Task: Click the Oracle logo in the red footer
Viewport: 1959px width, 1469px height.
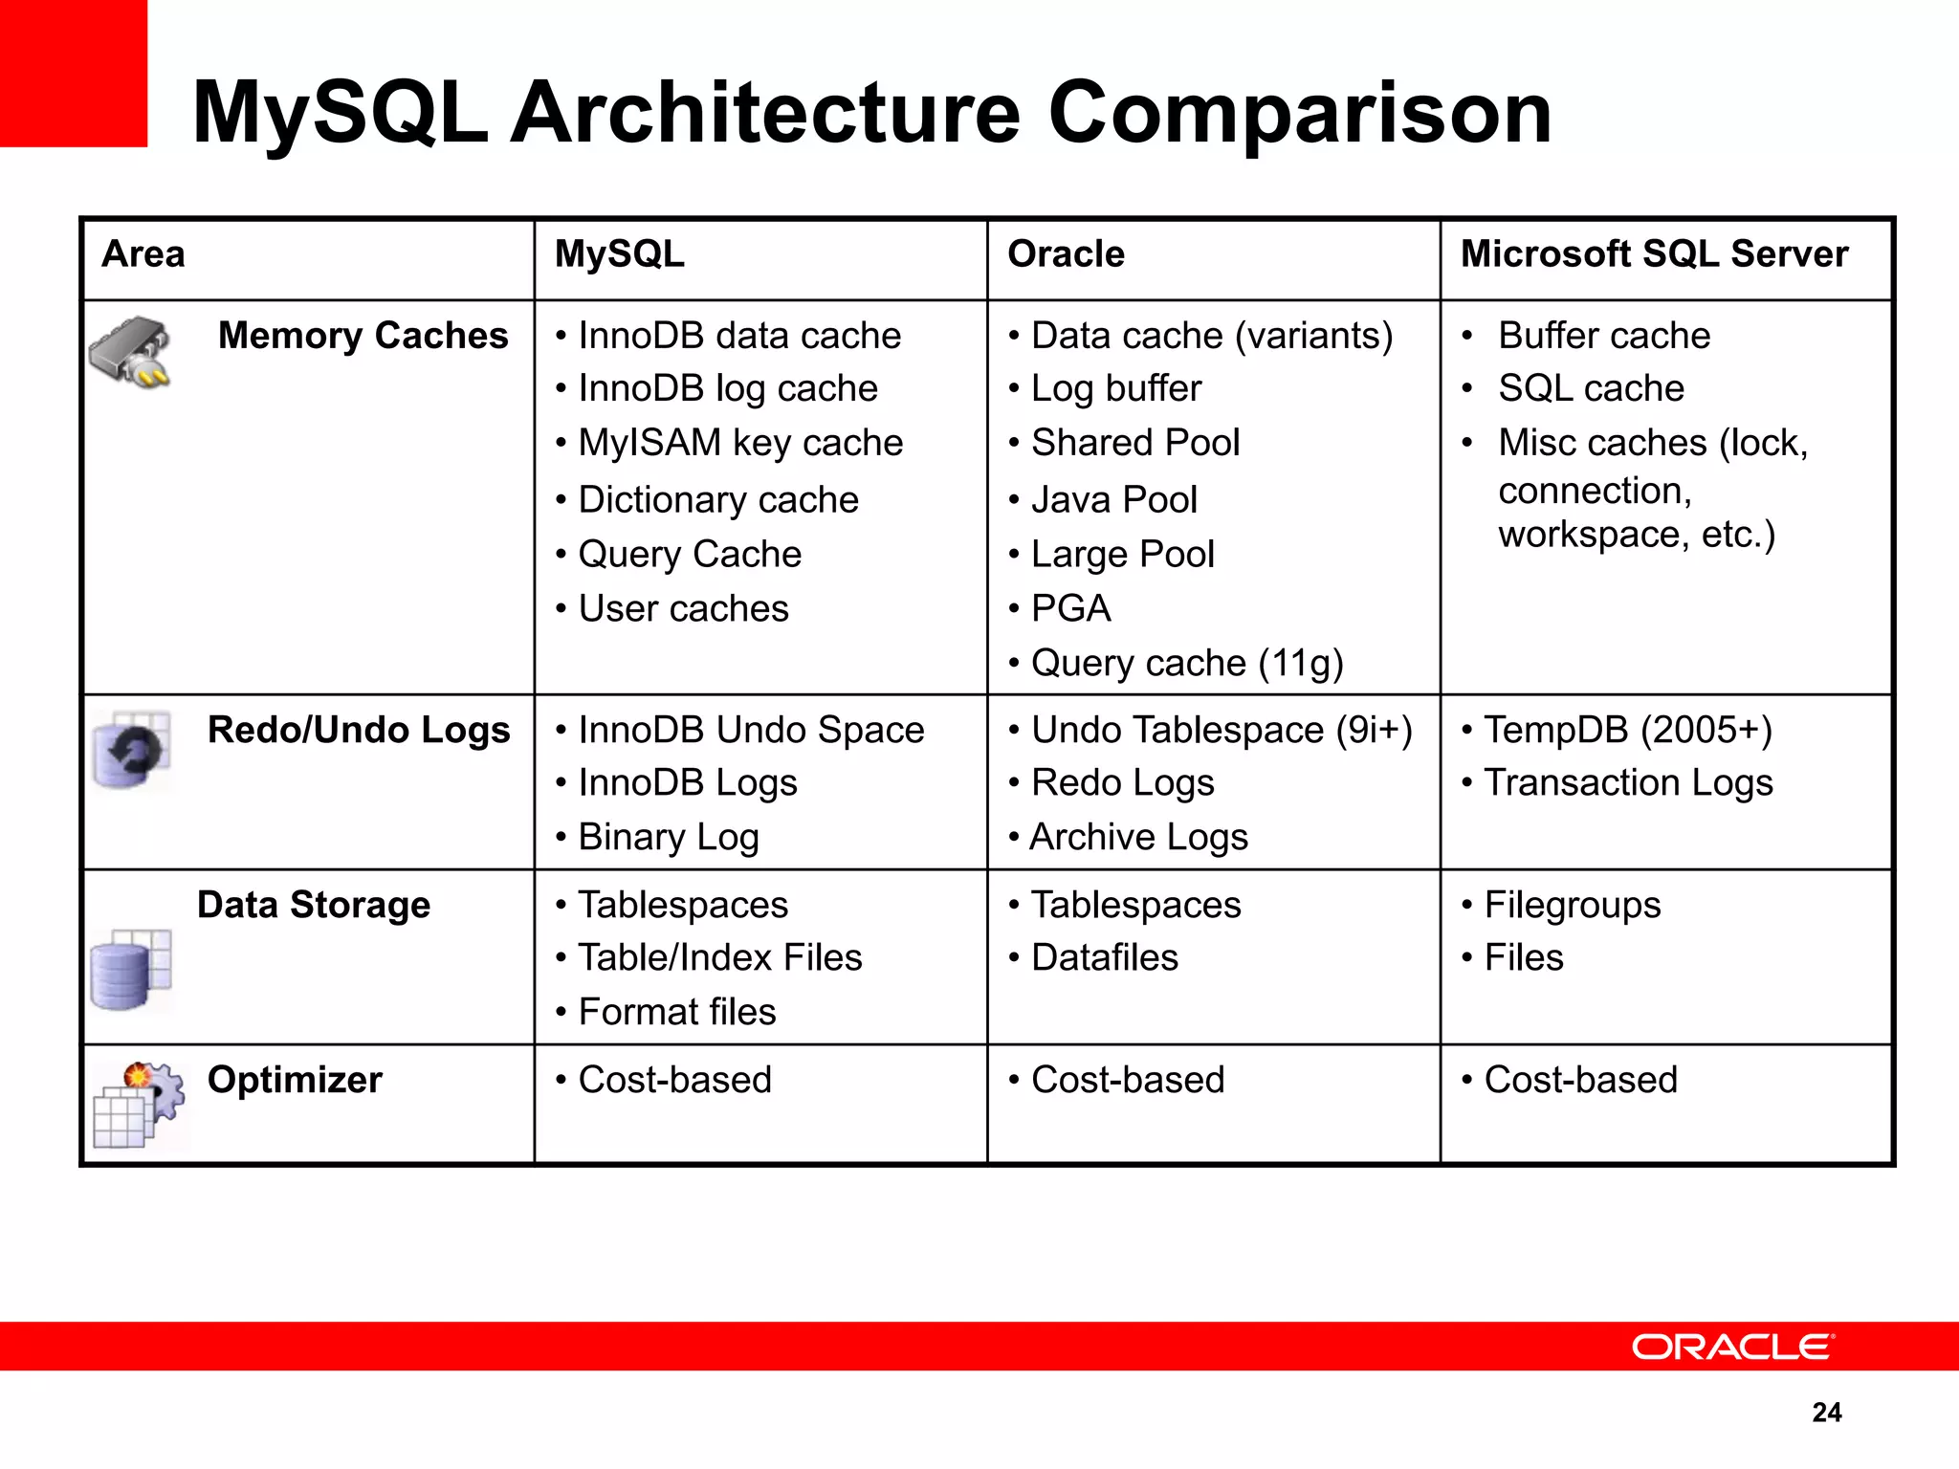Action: tap(1732, 1347)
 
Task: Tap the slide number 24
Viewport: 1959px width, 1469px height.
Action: tap(1826, 1412)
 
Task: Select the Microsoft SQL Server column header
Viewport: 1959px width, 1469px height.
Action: tap(1654, 254)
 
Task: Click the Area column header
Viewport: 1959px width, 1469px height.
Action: tap(143, 254)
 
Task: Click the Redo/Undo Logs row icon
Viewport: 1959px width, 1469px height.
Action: tap(132, 750)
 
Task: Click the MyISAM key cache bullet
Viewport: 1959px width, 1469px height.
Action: tap(740, 443)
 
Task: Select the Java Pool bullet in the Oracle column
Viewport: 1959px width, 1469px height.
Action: tap(1113, 499)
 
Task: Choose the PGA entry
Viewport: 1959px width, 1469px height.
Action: tap(1070, 608)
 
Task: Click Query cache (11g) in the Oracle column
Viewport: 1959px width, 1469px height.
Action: tap(1187, 663)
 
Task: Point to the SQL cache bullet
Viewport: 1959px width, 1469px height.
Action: tap(1591, 388)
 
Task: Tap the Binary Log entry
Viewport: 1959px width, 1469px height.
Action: tap(669, 837)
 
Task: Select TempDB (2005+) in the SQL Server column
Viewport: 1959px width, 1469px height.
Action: tap(1628, 730)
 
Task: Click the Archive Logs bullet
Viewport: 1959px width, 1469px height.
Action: tap(1138, 837)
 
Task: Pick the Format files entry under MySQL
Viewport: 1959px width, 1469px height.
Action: tap(677, 1012)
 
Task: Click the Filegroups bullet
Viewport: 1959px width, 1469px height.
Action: tap(1573, 905)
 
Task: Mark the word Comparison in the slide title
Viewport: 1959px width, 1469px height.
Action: tap(1300, 113)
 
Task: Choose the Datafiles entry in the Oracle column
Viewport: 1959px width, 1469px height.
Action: tap(1105, 957)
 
